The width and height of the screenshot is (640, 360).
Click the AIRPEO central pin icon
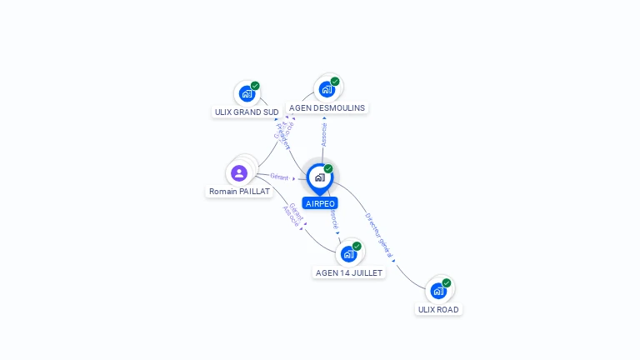point(319,177)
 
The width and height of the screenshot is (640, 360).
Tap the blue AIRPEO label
point(320,203)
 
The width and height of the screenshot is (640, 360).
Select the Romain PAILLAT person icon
point(239,173)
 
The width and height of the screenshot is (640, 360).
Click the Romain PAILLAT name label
point(239,191)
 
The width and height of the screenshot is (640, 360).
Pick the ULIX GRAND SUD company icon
point(247,93)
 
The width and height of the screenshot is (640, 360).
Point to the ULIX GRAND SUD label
point(247,112)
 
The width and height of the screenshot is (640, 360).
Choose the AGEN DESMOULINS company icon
point(327,88)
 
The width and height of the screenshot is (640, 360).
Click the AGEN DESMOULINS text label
point(327,107)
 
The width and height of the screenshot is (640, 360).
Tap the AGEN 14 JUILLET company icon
point(348,253)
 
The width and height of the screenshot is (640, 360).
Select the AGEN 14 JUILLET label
point(349,272)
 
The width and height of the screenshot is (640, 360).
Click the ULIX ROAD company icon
point(438,290)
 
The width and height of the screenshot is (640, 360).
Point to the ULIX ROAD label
point(438,309)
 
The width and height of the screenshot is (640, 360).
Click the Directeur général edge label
point(379,236)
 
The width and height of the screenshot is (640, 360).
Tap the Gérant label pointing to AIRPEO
point(279,177)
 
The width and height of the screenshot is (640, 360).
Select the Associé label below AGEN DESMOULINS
point(324,134)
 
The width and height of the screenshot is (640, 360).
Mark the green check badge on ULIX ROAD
point(447,283)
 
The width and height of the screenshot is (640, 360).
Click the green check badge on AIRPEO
point(328,169)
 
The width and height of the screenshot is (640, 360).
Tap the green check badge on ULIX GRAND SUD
point(255,86)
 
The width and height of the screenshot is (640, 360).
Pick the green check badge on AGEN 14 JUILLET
point(357,247)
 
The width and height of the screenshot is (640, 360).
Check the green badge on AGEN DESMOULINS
point(335,82)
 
